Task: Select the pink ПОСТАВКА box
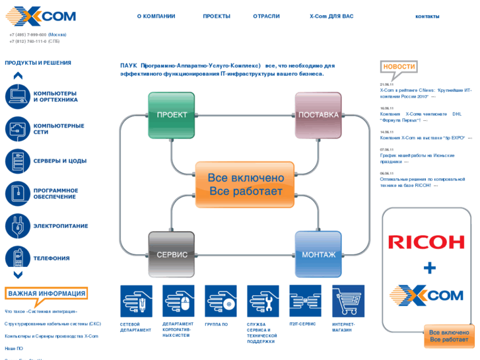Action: (318, 115)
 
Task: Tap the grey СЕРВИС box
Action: (172, 254)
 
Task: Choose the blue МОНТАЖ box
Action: (318, 254)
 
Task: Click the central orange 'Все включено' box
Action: (246, 184)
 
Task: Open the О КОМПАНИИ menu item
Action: (156, 16)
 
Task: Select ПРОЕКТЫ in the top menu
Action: (217, 16)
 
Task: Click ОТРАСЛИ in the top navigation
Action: (266, 16)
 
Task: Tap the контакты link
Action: (427, 16)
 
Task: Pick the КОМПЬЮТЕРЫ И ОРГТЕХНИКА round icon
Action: (18, 96)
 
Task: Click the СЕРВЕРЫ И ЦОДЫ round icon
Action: (18, 161)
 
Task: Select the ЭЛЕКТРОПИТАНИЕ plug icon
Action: (18, 226)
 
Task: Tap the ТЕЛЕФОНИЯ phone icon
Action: (18, 258)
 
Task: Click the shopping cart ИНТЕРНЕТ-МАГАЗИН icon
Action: (348, 301)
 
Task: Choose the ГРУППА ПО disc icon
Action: (221, 301)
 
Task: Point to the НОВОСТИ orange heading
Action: (399, 67)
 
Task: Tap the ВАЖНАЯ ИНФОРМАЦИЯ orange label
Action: (46, 293)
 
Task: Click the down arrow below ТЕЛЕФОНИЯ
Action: (18, 275)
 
